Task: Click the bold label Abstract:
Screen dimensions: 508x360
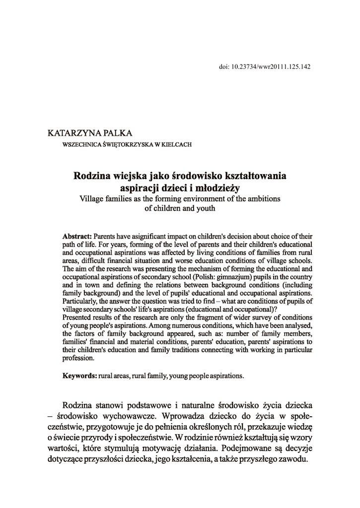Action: [x=77, y=236]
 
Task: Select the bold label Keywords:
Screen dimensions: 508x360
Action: [x=79, y=376]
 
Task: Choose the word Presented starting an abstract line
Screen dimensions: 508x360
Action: [x=77, y=317]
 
